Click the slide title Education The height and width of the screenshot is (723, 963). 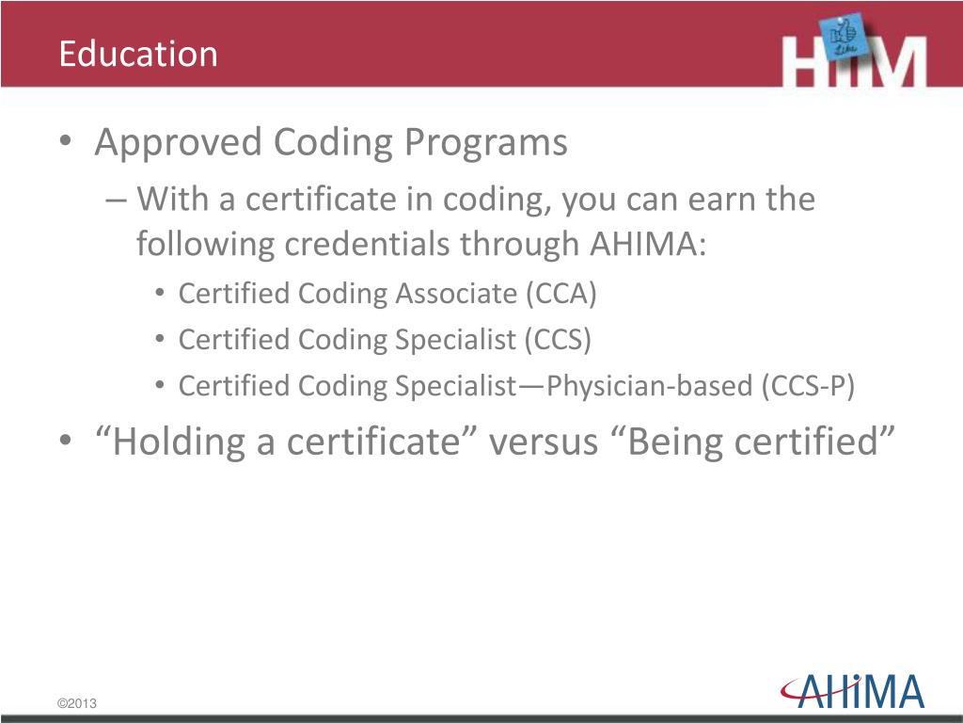click(x=137, y=54)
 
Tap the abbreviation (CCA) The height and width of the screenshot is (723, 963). click(x=560, y=294)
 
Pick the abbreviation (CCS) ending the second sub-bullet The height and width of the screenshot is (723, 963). click(x=559, y=340)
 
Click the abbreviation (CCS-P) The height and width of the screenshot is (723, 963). click(x=808, y=386)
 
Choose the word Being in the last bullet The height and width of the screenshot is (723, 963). click(x=667, y=442)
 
